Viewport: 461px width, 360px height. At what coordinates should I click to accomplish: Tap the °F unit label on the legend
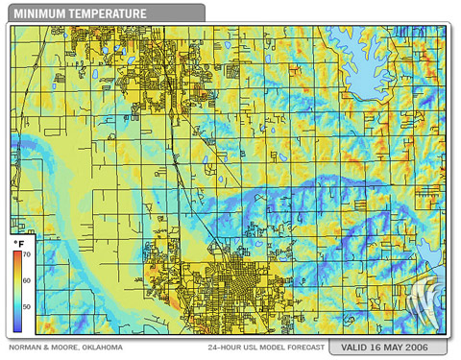(19, 246)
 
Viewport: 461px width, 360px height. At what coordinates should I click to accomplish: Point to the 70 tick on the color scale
(28, 254)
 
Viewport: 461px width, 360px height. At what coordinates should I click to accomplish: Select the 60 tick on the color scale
(28, 280)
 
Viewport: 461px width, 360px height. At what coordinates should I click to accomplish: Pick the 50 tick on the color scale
(28, 306)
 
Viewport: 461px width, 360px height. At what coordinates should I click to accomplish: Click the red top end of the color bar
(17, 255)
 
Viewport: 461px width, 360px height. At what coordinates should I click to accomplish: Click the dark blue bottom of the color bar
(17, 318)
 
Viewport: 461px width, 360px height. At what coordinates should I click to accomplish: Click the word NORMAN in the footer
(27, 347)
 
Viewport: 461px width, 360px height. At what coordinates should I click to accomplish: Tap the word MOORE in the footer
(64, 347)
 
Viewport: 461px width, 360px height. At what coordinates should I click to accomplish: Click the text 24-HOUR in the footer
(227, 347)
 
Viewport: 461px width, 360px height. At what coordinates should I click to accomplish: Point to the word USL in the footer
(257, 347)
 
